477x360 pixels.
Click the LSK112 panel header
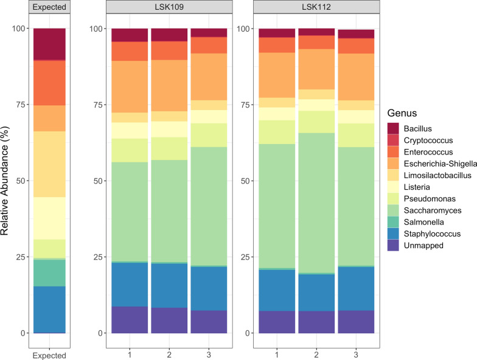316,8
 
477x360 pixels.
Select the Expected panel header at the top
49,8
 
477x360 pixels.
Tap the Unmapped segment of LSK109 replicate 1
130,320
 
